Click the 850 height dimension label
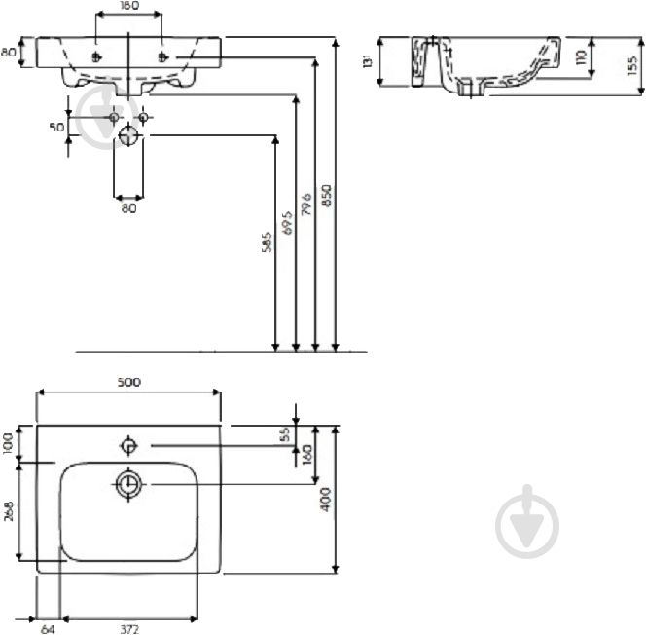click(326, 196)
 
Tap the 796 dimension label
click(306, 204)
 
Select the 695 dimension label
click(287, 223)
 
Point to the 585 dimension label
click(267, 242)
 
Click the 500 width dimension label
click(129, 382)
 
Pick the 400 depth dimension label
click(326, 500)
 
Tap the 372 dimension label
click(129, 629)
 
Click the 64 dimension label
click(48, 629)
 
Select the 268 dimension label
click(8, 511)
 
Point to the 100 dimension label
click(8, 444)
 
